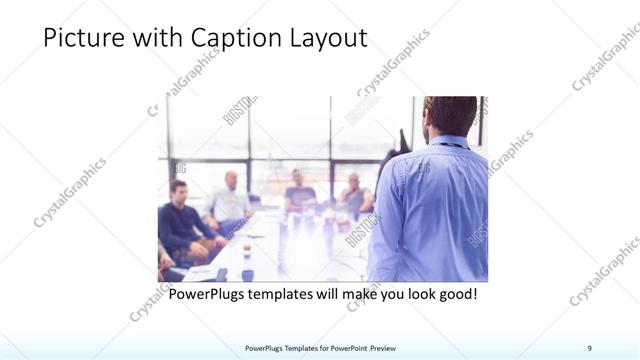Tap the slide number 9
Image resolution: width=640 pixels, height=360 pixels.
click(x=589, y=347)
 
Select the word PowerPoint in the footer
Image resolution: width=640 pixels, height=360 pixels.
click(x=340, y=347)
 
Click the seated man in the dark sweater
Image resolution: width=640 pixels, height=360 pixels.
click(x=179, y=220)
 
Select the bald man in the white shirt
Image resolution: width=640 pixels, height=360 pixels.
click(x=229, y=200)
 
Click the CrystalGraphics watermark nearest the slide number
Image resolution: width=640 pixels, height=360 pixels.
click(x=605, y=270)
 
